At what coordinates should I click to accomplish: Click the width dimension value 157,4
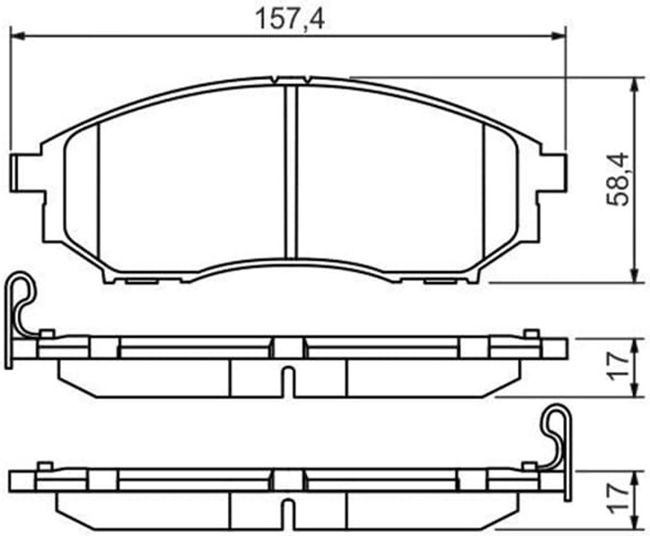coord(289,18)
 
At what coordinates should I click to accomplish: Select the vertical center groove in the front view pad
coord(291,171)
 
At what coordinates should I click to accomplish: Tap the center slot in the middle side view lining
coord(289,381)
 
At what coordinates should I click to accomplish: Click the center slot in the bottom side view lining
coord(289,514)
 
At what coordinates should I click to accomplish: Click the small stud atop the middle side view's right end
coord(531,333)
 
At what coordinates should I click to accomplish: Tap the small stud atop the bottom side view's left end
coord(44,467)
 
